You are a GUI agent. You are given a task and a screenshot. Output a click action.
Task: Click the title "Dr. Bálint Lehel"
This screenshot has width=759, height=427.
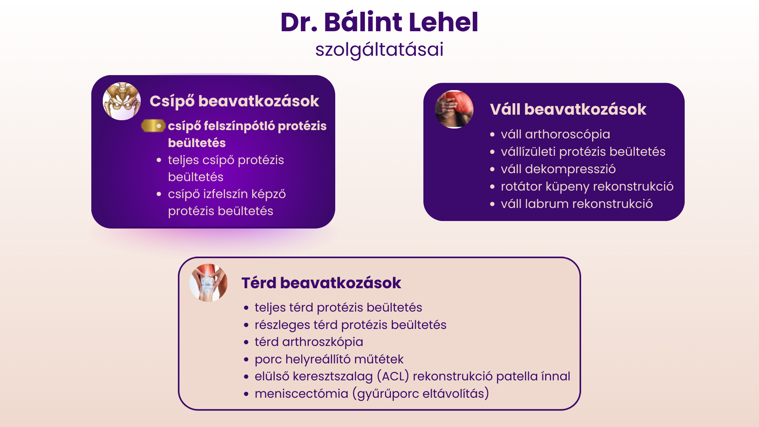point(379,22)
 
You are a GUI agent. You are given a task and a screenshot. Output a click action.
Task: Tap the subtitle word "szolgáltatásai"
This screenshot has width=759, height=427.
point(379,50)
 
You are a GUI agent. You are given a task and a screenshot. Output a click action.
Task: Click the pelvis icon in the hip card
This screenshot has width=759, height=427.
point(122,101)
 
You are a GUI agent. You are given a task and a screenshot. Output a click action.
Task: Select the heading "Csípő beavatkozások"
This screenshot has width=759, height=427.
point(234,101)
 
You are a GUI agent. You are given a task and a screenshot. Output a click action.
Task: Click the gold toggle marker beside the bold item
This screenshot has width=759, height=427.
point(153,126)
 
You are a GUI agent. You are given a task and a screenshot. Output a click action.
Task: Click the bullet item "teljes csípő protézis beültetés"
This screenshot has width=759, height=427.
point(226,168)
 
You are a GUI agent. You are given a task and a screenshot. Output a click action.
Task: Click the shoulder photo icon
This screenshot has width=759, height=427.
point(454,109)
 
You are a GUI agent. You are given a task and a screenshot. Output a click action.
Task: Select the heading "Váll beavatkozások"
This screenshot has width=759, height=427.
point(568,110)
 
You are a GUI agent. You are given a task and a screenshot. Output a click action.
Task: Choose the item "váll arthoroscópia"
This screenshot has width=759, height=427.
point(555,134)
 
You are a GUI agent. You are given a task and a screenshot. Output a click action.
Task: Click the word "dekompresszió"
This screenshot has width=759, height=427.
point(570,169)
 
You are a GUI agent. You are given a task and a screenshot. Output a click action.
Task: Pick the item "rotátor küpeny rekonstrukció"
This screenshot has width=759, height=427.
point(587,187)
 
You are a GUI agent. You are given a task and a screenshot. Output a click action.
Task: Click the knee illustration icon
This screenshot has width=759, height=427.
point(208,283)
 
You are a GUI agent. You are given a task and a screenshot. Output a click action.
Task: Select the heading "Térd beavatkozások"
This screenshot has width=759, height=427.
point(321,283)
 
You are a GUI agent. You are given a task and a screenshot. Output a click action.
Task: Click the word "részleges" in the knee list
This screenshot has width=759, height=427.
point(282,325)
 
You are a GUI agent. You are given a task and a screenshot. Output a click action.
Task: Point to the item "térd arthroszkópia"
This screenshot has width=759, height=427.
point(309,342)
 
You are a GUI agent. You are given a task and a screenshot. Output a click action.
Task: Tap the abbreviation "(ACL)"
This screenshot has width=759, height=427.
point(393,376)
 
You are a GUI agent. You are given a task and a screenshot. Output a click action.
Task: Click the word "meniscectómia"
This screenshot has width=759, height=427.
point(301,394)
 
